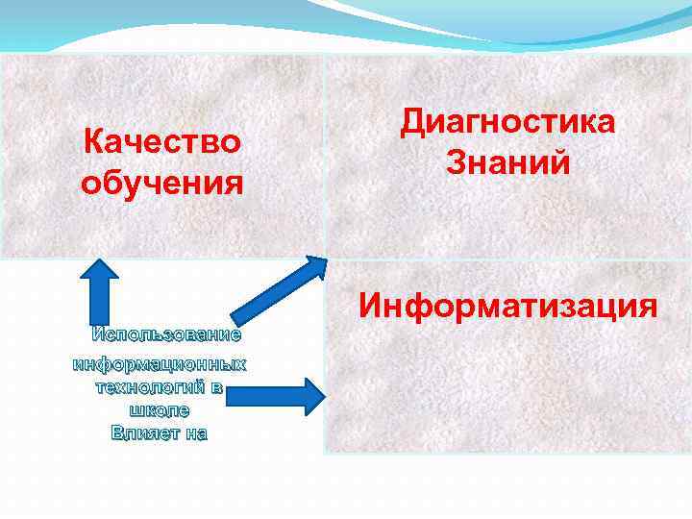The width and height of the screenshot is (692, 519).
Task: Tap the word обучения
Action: tap(161, 180)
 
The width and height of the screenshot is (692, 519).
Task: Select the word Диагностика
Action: tap(508, 122)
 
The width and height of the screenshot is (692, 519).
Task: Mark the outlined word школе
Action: tap(160, 409)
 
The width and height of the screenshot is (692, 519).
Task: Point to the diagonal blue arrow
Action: tap(280, 288)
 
